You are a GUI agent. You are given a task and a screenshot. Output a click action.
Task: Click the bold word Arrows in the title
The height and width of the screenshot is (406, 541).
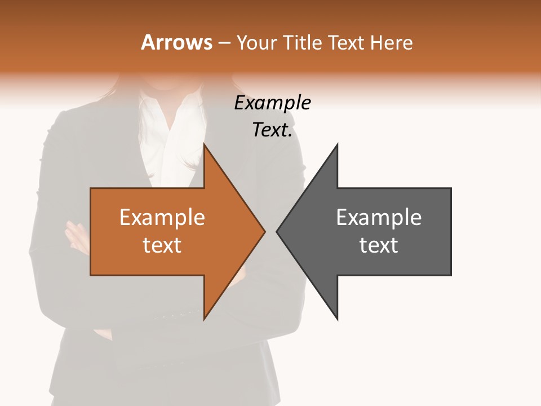pyautogui.click(x=176, y=43)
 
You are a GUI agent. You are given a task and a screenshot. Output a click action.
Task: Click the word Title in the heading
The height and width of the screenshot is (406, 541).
pyautogui.click(x=305, y=43)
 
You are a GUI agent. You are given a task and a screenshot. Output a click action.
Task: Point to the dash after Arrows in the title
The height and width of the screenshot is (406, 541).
pyautogui.click(x=224, y=43)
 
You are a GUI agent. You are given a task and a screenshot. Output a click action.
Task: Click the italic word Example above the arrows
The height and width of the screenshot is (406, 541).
pyautogui.click(x=272, y=103)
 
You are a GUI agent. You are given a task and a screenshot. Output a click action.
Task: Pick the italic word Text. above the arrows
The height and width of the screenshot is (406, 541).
pyautogui.click(x=272, y=130)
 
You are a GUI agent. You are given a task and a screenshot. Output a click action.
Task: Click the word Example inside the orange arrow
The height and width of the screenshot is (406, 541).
pyautogui.click(x=162, y=217)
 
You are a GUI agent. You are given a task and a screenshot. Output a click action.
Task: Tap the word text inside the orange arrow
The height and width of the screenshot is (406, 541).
pyautogui.click(x=162, y=245)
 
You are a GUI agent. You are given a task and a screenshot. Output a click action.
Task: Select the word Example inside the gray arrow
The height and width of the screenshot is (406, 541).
pyautogui.click(x=379, y=217)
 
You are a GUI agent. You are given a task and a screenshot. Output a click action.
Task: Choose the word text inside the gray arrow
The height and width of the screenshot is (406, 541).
pyautogui.click(x=379, y=245)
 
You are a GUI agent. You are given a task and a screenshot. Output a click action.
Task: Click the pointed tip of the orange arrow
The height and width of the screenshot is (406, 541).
pyautogui.click(x=264, y=231)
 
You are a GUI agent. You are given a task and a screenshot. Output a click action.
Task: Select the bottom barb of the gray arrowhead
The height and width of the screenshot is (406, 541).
pyautogui.click(x=336, y=317)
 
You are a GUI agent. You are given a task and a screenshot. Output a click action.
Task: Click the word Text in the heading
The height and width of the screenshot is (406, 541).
pyautogui.click(x=345, y=43)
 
